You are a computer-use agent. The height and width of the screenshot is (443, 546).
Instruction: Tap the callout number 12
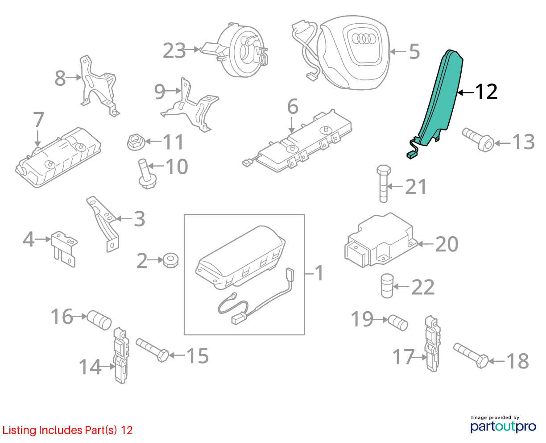pyautogui.click(x=486, y=92)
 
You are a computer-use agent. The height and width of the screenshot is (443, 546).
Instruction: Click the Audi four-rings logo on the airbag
pyautogui.click(x=364, y=39)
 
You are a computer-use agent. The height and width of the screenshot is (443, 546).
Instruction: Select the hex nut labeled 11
pyautogui.click(x=136, y=142)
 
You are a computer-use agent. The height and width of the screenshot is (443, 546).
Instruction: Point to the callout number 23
pyautogui.click(x=174, y=50)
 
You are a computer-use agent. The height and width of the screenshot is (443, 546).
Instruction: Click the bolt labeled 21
pyautogui.click(x=384, y=184)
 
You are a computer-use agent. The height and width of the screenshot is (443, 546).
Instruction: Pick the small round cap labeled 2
pyautogui.click(x=170, y=260)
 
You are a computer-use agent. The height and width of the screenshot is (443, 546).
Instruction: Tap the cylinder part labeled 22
pyautogui.click(x=387, y=286)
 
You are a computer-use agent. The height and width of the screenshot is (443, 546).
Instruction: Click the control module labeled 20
pyautogui.click(x=381, y=241)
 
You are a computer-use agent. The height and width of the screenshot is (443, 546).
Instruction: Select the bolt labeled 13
pyautogui.click(x=478, y=140)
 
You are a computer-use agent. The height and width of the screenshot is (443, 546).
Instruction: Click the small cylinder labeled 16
pyautogui.click(x=99, y=320)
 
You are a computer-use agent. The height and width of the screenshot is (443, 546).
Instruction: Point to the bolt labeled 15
pyautogui.click(x=152, y=350)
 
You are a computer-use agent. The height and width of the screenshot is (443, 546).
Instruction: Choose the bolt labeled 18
pyautogui.click(x=471, y=355)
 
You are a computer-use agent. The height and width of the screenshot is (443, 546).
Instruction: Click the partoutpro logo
pyautogui.click(x=503, y=426)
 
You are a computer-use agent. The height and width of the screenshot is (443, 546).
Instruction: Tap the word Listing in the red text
pyautogui.click(x=19, y=430)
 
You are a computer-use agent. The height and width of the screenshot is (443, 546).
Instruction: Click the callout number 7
pyautogui.click(x=38, y=120)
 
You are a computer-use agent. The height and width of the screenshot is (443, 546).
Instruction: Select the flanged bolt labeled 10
pyautogui.click(x=147, y=174)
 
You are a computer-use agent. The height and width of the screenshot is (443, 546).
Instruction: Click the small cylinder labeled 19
pyautogui.click(x=398, y=322)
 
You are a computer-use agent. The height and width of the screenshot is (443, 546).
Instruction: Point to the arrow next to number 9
pyautogui.click(x=173, y=91)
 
